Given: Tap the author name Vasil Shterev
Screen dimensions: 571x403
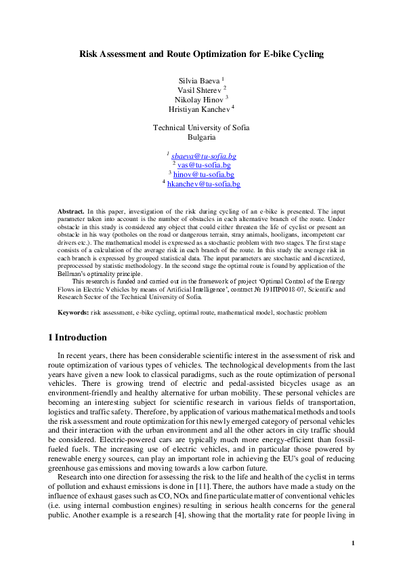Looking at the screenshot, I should (199, 90).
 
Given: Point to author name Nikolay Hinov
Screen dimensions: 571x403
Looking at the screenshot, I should (199, 99).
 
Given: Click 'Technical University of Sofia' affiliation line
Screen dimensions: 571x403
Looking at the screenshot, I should (201, 127).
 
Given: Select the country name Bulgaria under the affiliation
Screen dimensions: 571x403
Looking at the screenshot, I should (201, 137).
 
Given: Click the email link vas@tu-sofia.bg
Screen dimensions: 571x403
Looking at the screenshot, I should (204, 165).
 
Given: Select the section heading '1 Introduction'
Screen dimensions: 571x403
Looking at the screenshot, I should (78, 338).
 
